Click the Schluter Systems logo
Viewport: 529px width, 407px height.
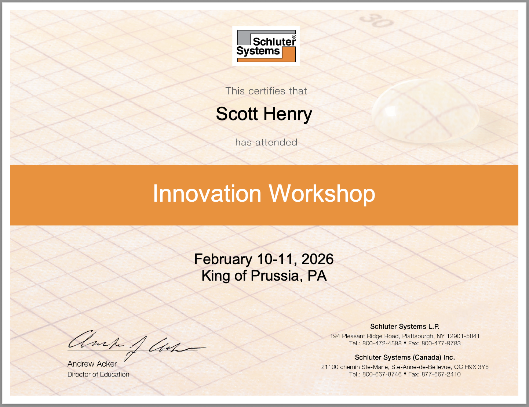pos(266,46)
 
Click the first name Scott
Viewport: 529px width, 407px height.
pos(237,114)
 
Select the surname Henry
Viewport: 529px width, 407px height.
pos(288,115)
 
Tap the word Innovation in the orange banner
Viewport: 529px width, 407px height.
pos(207,194)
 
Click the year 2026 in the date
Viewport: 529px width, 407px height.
pos(317,259)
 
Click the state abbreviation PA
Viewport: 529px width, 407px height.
pos(317,275)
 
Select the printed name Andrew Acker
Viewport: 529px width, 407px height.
pos(92,364)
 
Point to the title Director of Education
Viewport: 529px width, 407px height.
pos(98,374)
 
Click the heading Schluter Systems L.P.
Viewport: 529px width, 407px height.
pos(405,326)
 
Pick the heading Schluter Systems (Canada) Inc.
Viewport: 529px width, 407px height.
pos(405,357)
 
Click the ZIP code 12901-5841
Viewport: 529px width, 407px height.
pos(463,336)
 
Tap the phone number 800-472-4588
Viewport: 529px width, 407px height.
pos(382,343)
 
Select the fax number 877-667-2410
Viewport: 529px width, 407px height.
pos(441,374)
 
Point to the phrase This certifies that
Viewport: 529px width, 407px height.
pos(266,91)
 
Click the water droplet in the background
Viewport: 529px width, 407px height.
pos(426,111)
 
